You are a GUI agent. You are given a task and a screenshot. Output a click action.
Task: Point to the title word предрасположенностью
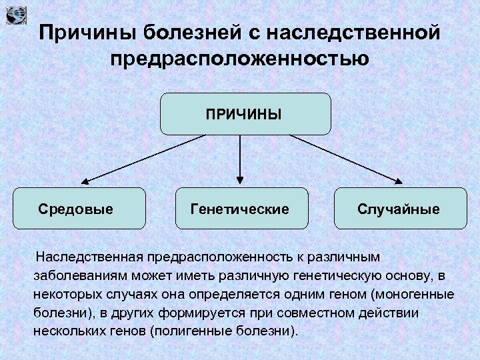tap(240, 58)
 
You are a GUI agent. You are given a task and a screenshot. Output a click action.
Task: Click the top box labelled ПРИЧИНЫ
tap(245, 114)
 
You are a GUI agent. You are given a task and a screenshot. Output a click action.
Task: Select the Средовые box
tap(79, 209)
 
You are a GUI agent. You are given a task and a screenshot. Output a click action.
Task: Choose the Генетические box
tap(241, 209)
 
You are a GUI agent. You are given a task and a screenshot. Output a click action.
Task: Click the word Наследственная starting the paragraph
tap(90, 257)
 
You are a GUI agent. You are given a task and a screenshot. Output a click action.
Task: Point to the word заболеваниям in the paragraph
tap(72, 275)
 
